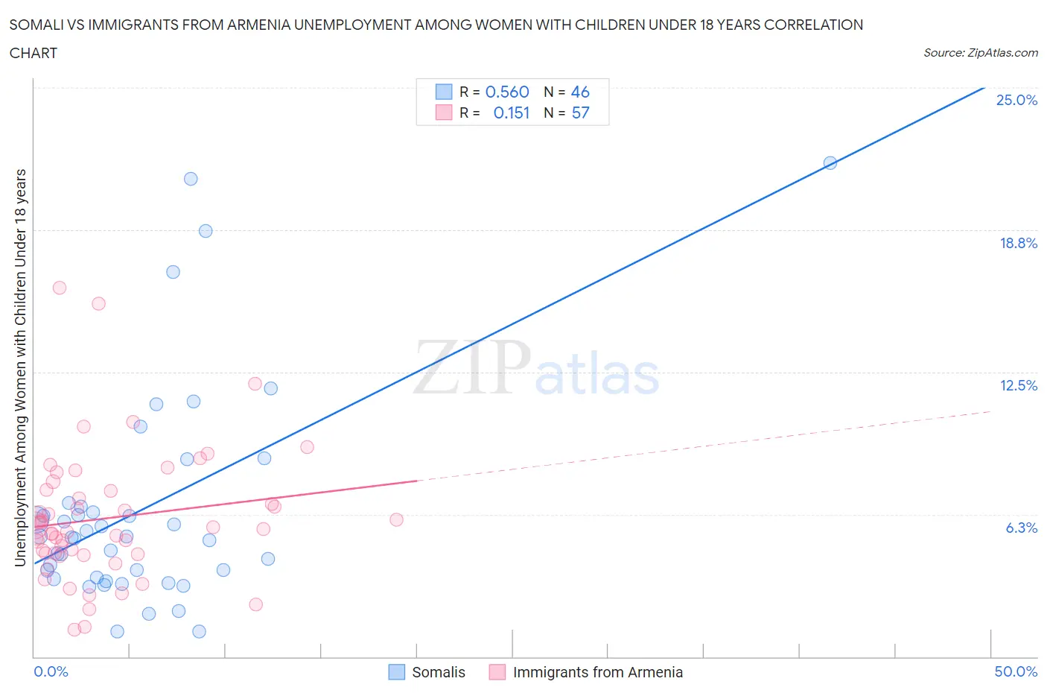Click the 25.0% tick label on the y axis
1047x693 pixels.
(x=1016, y=100)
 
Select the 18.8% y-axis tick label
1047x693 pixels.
(x=1018, y=243)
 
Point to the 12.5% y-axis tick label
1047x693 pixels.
(x=1018, y=385)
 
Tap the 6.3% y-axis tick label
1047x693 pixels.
(x=1021, y=528)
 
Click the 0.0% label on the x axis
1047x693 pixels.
(x=51, y=671)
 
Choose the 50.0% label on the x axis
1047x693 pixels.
(x=1016, y=671)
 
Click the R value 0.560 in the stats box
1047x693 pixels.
(x=507, y=92)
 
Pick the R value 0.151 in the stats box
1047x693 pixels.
(x=512, y=113)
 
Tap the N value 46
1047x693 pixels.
(x=580, y=92)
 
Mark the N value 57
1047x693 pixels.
(x=580, y=113)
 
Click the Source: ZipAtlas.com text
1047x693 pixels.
(x=980, y=52)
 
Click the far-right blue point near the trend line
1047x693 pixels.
(x=830, y=162)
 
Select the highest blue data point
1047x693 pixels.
(x=191, y=179)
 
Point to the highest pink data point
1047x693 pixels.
(x=60, y=288)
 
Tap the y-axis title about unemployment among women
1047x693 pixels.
(x=21, y=367)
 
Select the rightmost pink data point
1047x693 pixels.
(x=396, y=519)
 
